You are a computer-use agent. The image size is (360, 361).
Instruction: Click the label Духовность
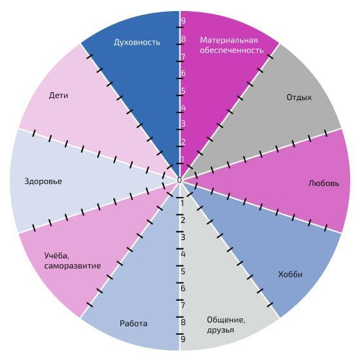[137, 43]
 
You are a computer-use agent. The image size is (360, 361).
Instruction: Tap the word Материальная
[229, 41]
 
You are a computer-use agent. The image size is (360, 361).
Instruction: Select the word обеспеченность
[232, 50]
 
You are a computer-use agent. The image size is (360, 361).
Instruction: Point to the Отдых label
[299, 97]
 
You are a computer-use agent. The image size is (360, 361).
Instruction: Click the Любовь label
[324, 183]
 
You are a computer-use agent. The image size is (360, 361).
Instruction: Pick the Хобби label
[290, 274]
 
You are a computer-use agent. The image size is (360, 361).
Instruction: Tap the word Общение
[226, 320]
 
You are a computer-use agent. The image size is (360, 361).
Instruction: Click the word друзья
[221, 330]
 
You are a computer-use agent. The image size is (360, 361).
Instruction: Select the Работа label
[134, 324]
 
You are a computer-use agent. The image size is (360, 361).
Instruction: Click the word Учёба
[57, 256]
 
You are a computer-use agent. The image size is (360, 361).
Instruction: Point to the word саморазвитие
[73, 266]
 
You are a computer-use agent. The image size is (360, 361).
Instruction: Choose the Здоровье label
[43, 181]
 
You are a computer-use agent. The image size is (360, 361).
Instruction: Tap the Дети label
[58, 95]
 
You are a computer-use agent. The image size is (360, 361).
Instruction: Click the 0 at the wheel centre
[179, 180]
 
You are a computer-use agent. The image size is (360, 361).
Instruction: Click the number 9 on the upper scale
[183, 21]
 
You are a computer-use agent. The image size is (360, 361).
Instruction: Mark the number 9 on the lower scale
[183, 339]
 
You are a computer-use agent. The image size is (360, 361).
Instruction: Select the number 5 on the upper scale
[183, 91]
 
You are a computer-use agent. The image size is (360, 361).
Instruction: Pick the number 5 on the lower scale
[183, 271]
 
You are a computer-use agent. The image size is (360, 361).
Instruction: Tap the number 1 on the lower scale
[183, 203]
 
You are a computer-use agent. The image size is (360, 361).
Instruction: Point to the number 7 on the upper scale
[183, 57]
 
